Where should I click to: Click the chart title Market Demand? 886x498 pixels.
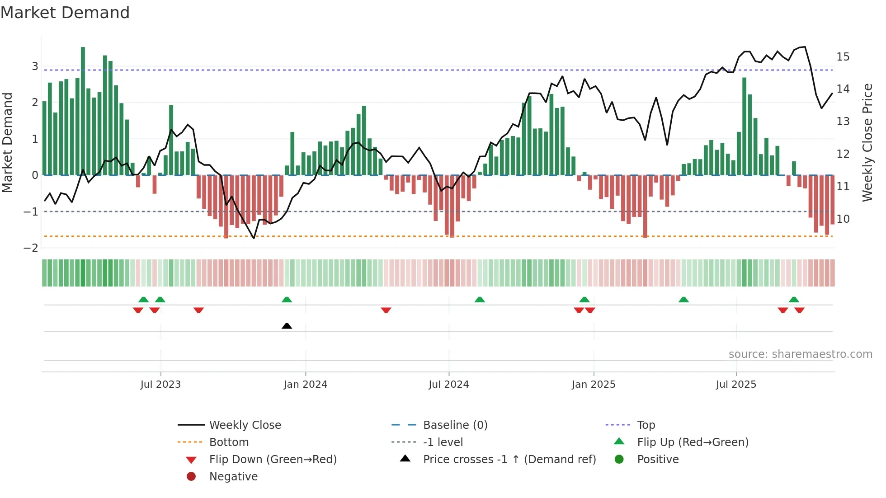[x=65, y=13]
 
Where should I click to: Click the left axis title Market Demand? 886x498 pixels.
[x=8, y=142]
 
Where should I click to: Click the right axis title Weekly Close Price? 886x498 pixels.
[x=867, y=142]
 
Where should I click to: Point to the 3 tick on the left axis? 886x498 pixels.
[x=35, y=66]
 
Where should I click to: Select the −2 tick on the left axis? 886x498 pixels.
[x=31, y=248]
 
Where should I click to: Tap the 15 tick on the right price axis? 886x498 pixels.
[x=843, y=57]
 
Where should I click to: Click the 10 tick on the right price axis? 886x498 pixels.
[x=843, y=219]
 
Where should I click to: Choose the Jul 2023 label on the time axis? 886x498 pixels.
[x=160, y=385]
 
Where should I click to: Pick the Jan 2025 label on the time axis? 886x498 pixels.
[x=593, y=385]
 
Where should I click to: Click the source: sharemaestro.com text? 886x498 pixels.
[x=800, y=354]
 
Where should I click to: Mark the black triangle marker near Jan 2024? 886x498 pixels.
[x=287, y=326]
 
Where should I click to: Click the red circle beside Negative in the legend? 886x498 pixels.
[x=191, y=477]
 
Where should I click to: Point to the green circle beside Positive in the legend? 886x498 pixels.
[x=619, y=460]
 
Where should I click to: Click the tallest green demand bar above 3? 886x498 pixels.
[x=83, y=111]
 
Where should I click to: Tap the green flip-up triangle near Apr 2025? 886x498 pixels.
[x=683, y=300]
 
